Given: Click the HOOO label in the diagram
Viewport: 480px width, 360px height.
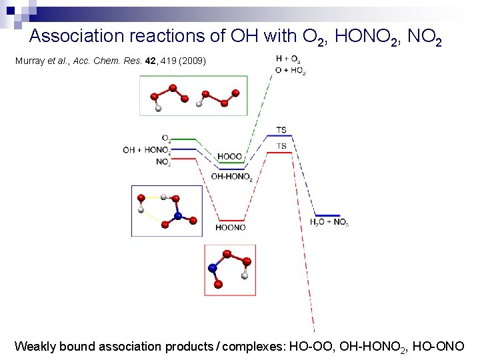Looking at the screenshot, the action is (229, 157).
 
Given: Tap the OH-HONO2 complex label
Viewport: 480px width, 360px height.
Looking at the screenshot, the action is (232, 177).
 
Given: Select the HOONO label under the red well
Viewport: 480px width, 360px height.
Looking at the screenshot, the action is (230, 227).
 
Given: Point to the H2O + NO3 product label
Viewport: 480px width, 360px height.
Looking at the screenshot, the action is (329, 222).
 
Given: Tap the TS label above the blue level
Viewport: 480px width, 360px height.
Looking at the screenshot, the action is (281, 129).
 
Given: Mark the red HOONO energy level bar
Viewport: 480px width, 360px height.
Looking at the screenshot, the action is (230, 221).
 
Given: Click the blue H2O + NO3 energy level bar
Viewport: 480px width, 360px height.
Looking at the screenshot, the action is (327, 215).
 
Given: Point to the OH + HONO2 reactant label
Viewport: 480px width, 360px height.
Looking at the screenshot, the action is (146, 150).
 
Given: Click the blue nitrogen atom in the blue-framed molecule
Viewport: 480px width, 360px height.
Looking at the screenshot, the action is (178, 215).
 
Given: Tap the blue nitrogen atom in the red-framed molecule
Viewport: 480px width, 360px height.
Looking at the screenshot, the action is (213, 268).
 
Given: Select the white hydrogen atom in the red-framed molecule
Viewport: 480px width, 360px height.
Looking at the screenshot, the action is (245, 275).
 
